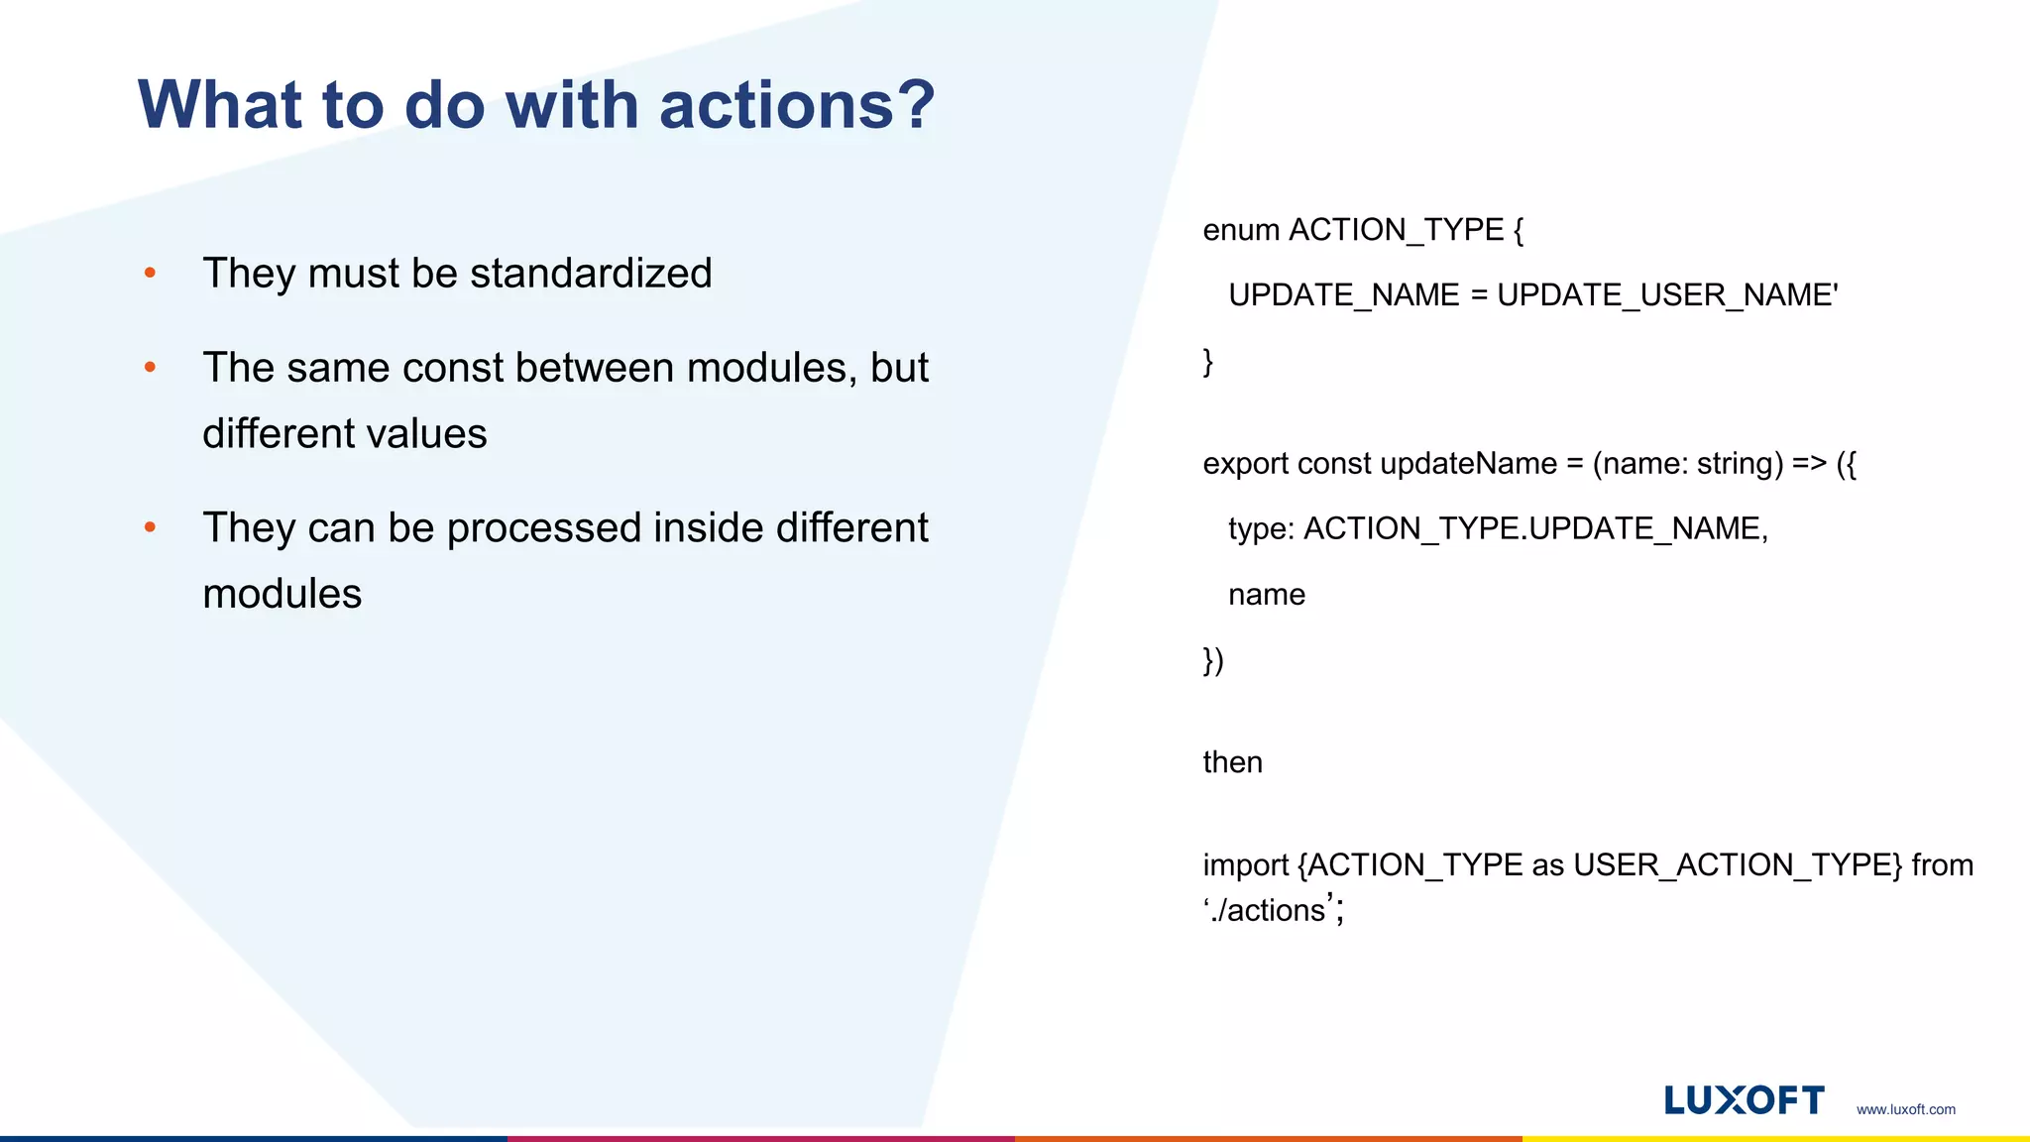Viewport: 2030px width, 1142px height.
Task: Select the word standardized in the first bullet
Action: click(x=591, y=274)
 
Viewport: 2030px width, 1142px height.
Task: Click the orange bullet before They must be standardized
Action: click(x=150, y=273)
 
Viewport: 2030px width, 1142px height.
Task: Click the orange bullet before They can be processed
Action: click(x=150, y=527)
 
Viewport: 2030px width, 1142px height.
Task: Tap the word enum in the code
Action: click(x=1240, y=230)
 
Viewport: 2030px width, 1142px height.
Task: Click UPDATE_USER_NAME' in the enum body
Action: click(x=1667, y=295)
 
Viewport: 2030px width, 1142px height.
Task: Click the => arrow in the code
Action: click(x=1809, y=464)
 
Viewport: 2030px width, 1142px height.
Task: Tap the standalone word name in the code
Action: click(x=1266, y=595)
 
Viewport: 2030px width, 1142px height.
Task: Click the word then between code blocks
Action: click(x=1232, y=762)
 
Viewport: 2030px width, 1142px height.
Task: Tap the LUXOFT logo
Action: click(x=1744, y=1100)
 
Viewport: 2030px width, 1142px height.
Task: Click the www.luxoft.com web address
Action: click(x=1905, y=1109)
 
